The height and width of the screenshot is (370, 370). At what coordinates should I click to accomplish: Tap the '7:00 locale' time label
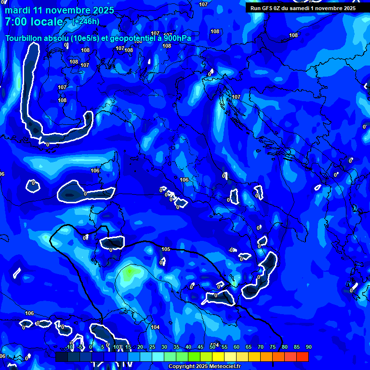tap(34, 22)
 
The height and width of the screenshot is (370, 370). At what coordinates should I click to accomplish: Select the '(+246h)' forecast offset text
tap(86, 21)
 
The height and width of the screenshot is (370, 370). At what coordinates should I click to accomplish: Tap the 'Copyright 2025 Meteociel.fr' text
tap(204, 367)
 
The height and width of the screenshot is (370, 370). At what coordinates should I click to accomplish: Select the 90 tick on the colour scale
tap(308, 347)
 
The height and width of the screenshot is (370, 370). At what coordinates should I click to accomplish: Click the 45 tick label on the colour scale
tap(200, 347)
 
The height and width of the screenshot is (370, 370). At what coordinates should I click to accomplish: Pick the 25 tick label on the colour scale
tap(152, 347)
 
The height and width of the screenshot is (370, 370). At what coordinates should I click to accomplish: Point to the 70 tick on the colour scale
tap(260, 347)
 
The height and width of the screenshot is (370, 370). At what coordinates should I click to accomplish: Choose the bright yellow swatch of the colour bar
tap(218, 357)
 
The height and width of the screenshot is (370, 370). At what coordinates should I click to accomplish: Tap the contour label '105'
tap(166, 249)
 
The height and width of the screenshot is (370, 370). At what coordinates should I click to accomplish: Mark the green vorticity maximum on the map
tap(129, 273)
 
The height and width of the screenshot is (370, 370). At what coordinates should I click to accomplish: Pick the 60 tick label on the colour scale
tap(236, 347)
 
